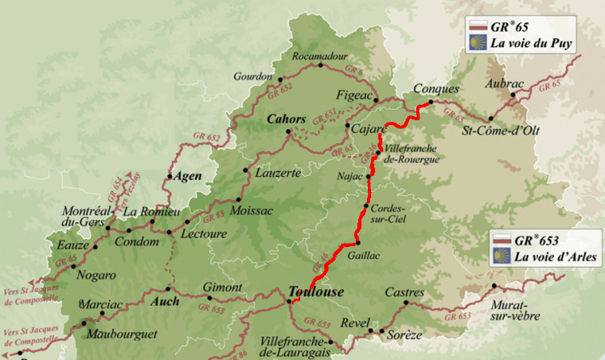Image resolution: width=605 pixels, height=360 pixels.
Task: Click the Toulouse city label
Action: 316,292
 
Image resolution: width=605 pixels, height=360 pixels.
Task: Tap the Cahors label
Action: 286,119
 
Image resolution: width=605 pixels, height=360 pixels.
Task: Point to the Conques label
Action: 436,89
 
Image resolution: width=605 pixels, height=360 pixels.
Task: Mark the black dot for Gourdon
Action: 280,80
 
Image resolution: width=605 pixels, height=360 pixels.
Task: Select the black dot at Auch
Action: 169,288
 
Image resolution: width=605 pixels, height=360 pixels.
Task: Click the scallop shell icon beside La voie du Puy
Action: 481,42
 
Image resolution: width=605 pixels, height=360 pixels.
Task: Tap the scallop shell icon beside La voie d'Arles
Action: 502,257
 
